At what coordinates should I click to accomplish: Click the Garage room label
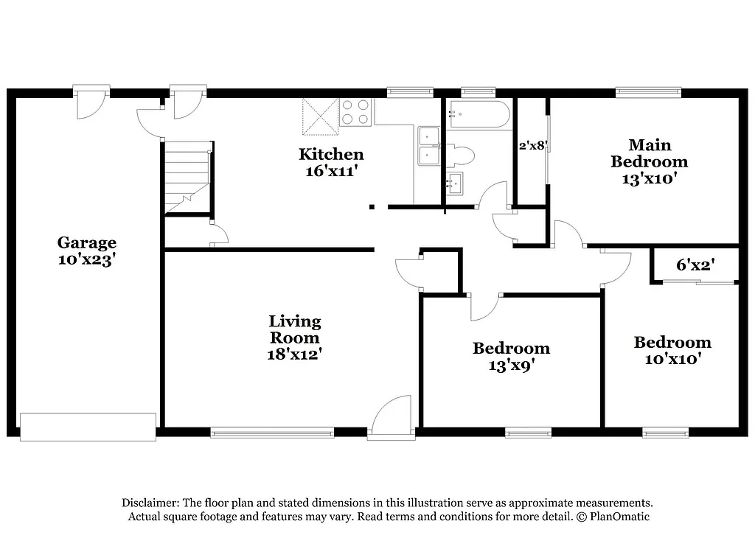click(x=87, y=242)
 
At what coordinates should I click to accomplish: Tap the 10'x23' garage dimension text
click(x=87, y=259)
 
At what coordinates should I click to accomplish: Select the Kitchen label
click(x=330, y=154)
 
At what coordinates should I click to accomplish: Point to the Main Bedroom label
click(x=649, y=153)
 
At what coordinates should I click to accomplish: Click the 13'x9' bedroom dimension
click(x=511, y=365)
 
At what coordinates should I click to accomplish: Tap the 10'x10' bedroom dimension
click(x=672, y=359)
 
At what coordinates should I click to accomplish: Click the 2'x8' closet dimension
click(x=532, y=145)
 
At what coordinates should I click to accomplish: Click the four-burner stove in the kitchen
click(x=355, y=112)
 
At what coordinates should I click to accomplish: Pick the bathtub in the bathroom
click(x=479, y=114)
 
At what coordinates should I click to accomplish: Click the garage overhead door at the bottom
click(x=88, y=427)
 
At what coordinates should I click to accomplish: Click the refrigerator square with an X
click(x=319, y=117)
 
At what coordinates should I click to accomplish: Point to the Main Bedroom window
click(x=649, y=93)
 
